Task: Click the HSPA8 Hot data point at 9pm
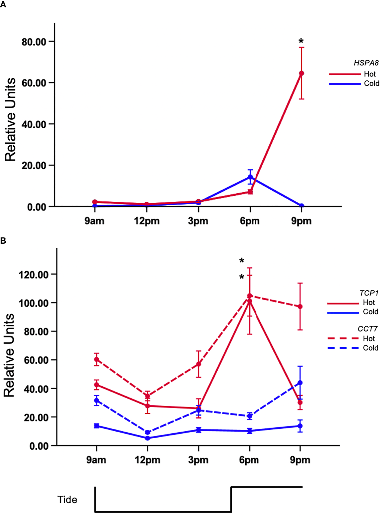tap(301, 73)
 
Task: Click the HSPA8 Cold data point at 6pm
tap(250, 177)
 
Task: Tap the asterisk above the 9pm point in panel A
tap(301, 42)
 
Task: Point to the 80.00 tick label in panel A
tap(34, 42)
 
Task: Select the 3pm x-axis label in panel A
tap(198, 221)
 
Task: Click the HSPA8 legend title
tap(366, 63)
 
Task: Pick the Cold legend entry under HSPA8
tap(371, 83)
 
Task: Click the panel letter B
tap(3, 241)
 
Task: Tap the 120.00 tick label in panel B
tap(34, 275)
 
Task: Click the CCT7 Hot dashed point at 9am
tap(97, 359)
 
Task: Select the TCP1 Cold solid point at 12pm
tap(147, 438)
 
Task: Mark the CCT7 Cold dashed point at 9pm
tap(300, 383)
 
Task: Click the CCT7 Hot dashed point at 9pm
tap(300, 307)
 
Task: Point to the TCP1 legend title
tap(369, 293)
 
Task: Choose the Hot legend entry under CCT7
tap(369, 339)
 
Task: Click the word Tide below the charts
tap(67, 500)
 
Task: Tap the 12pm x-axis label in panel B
tap(147, 460)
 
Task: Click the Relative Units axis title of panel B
tap(9, 355)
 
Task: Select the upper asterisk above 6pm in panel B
tap(242, 261)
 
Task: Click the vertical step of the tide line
tap(231, 499)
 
